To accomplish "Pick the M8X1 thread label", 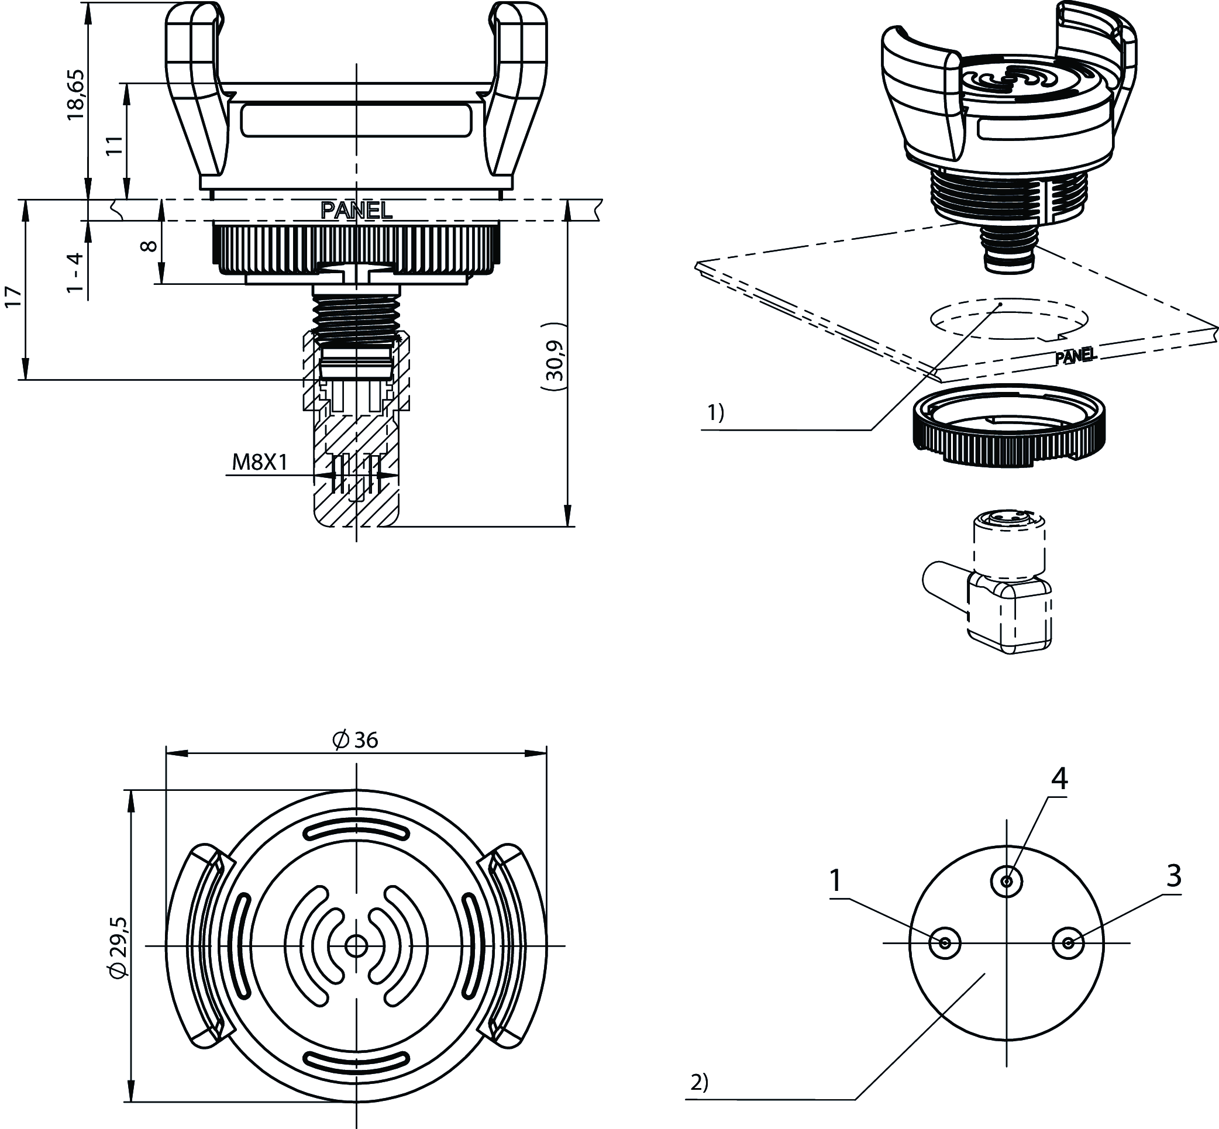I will [x=260, y=462].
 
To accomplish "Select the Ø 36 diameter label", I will [x=356, y=740].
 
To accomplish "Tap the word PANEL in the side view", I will [x=356, y=210].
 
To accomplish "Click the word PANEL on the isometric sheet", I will [x=1076, y=356].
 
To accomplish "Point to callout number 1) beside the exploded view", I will [x=715, y=414].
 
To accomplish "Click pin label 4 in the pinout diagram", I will [x=1059, y=779].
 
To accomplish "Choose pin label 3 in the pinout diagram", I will [x=1174, y=876].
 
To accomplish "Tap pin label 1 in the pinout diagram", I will [x=835, y=881].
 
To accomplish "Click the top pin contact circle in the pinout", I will [x=1006, y=882].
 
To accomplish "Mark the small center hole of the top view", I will [x=356, y=946].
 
